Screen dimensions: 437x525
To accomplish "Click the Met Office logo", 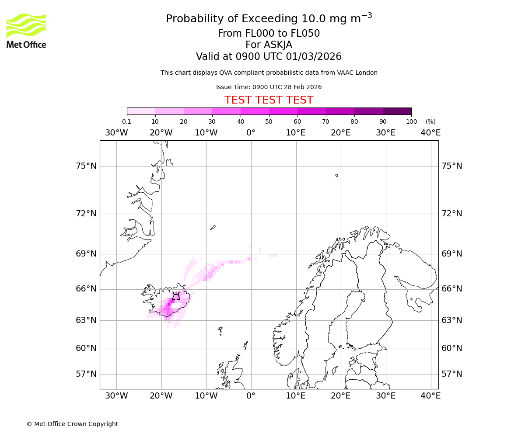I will [26, 31].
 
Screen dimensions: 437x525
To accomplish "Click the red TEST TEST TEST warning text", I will [269, 100].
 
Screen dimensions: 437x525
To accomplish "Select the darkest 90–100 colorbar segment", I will [397, 111].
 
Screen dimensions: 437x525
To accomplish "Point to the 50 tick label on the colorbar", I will [269, 122].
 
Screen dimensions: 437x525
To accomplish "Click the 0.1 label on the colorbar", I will [126, 122].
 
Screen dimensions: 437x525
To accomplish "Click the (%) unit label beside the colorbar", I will [430, 122].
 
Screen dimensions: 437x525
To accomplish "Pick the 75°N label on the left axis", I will [86, 166].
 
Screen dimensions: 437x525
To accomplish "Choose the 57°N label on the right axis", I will [451, 374].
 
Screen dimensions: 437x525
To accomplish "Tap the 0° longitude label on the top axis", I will [251, 132].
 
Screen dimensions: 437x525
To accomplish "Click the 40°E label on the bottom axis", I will [430, 396].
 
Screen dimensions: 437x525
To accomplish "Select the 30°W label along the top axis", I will [116, 132].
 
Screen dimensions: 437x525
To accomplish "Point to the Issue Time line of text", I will [269, 87].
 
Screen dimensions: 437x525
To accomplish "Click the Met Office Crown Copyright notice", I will [72, 424].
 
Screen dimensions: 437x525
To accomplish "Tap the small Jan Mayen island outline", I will [213, 228].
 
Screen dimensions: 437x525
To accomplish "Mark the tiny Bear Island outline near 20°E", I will [336, 176].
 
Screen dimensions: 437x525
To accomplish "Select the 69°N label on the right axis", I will [451, 254].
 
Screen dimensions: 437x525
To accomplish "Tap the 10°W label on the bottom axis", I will [206, 396].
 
